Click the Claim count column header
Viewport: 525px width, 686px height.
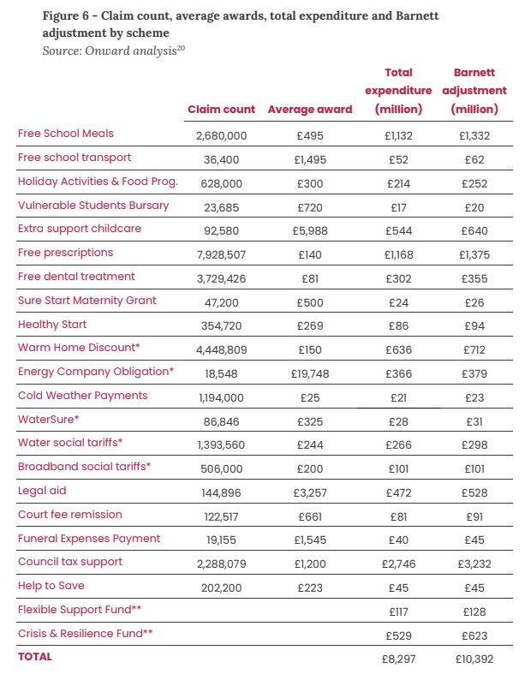coord(221,110)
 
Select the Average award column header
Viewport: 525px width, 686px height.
coord(310,110)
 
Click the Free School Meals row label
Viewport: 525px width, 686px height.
coord(66,134)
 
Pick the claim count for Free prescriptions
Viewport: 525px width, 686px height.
coord(221,254)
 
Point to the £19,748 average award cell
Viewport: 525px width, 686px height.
coord(310,372)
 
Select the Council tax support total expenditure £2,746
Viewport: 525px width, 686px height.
coord(398,563)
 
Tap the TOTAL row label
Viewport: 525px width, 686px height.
coord(35,657)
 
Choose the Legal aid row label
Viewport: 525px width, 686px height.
coord(42,491)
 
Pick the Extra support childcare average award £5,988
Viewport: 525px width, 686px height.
coord(310,230)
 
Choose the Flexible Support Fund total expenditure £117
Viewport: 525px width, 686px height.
coord(398,611)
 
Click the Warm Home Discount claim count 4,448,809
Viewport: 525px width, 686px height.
coord(221,349)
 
